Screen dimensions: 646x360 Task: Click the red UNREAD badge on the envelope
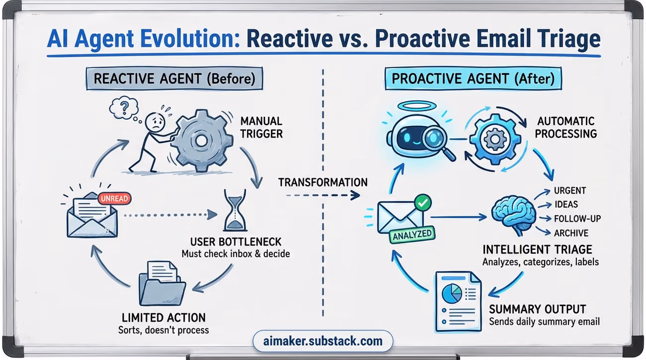tap(114, 198)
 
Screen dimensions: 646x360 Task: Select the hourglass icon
tap(236, 211)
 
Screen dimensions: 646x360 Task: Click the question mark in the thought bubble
tap(125, 107)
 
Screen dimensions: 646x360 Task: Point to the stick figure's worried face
tap(155, 122)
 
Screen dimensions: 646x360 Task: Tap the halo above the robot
tap(416, 106)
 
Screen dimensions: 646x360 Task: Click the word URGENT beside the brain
tap(570, 191)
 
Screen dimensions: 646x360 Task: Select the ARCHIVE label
tap(571, 233)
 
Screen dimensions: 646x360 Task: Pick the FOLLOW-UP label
tap(577, 219)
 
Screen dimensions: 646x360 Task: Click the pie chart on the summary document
tap(452, 293)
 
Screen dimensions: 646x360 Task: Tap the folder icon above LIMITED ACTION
tap(162, 284)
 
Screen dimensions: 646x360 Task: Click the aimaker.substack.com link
tap(323, 341)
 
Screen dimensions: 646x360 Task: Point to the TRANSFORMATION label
tap(323, 182)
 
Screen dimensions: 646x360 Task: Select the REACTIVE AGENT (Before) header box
tap(174, 78)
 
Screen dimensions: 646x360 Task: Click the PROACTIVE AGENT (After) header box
tap(473, 78)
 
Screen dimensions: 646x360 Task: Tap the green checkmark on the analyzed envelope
tap(423, 203)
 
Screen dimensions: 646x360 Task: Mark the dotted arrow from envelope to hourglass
tap(170, 215)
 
